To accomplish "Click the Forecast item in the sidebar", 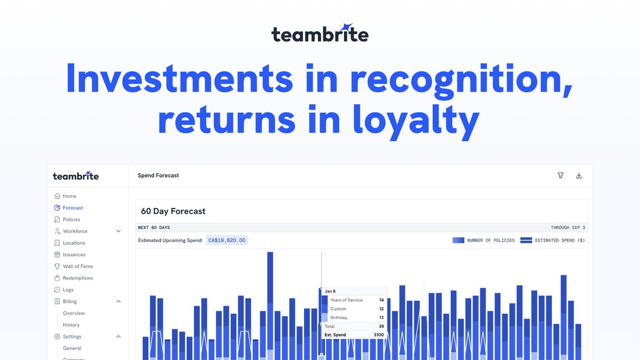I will click(x=73, y=208).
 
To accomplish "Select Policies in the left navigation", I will click(x=71, y=220).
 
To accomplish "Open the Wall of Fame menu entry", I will click(x=77, y=267).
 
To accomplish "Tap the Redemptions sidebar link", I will click(x=77, y=278).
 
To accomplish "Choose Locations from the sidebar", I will click(x=74, y=243).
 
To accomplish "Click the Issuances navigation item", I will click(x=74, y=255).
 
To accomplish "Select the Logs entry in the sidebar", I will click(x=68, y=290).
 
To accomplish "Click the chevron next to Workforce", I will click(x=118, y=231).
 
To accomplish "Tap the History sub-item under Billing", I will click(x=71, y=325).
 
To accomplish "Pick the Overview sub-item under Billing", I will click(x=74, y=314).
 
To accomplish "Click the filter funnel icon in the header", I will click(x=561, y=175).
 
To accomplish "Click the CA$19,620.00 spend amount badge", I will click(x=227, y=241).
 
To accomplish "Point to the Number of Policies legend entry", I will click(x=484, y=241).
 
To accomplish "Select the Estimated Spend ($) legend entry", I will click(x=553, y=241).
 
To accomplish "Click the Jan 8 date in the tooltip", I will click(x=330, y=291).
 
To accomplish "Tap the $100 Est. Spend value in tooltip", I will click(x=379, y=335).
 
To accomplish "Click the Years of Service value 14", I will click(x=381, y=300).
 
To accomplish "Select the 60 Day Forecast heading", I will click(x=173, y=211).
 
